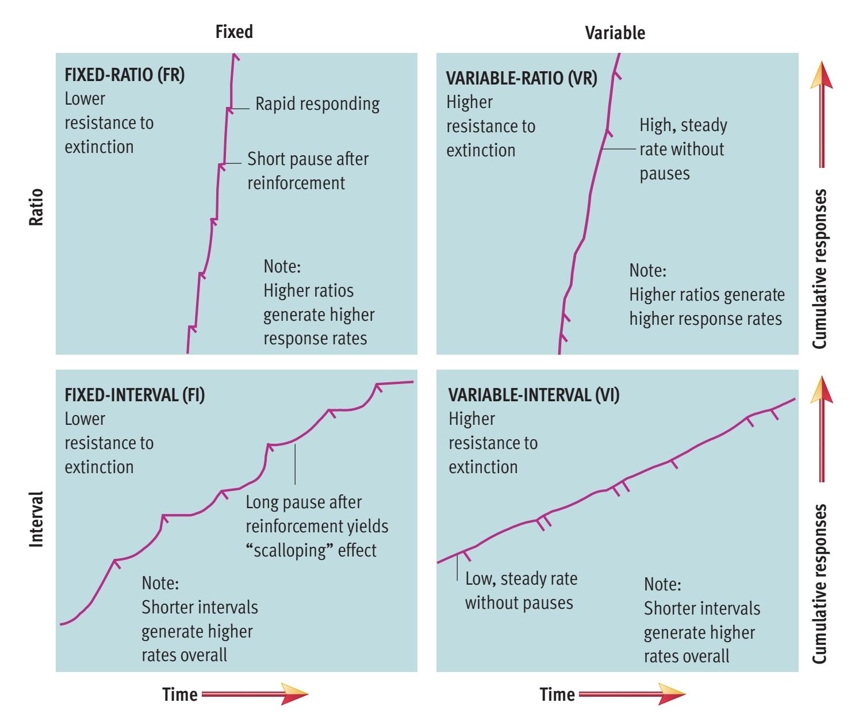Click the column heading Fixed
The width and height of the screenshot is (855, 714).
(x=233, y=32)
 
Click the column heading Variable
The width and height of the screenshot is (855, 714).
(x=615, y=33)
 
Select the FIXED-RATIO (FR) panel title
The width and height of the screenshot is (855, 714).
(x=125, y=76)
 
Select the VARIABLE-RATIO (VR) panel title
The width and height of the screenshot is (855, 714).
(x=522, y=79)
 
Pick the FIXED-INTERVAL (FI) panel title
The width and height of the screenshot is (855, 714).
(x=135, y=396)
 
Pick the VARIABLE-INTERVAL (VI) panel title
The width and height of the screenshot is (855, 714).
(x=534, y=396)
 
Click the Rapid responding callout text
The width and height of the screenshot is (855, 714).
(x=317, y=104)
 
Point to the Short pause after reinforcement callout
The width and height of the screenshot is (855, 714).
(x=308, y=171)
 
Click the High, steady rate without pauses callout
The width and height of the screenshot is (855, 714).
(x=683, y=149)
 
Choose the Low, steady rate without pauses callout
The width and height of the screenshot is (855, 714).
(x=520, y=590)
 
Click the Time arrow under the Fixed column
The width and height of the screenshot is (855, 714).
(x=255, y=694)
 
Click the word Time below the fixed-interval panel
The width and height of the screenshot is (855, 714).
(x=180, y=694)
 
